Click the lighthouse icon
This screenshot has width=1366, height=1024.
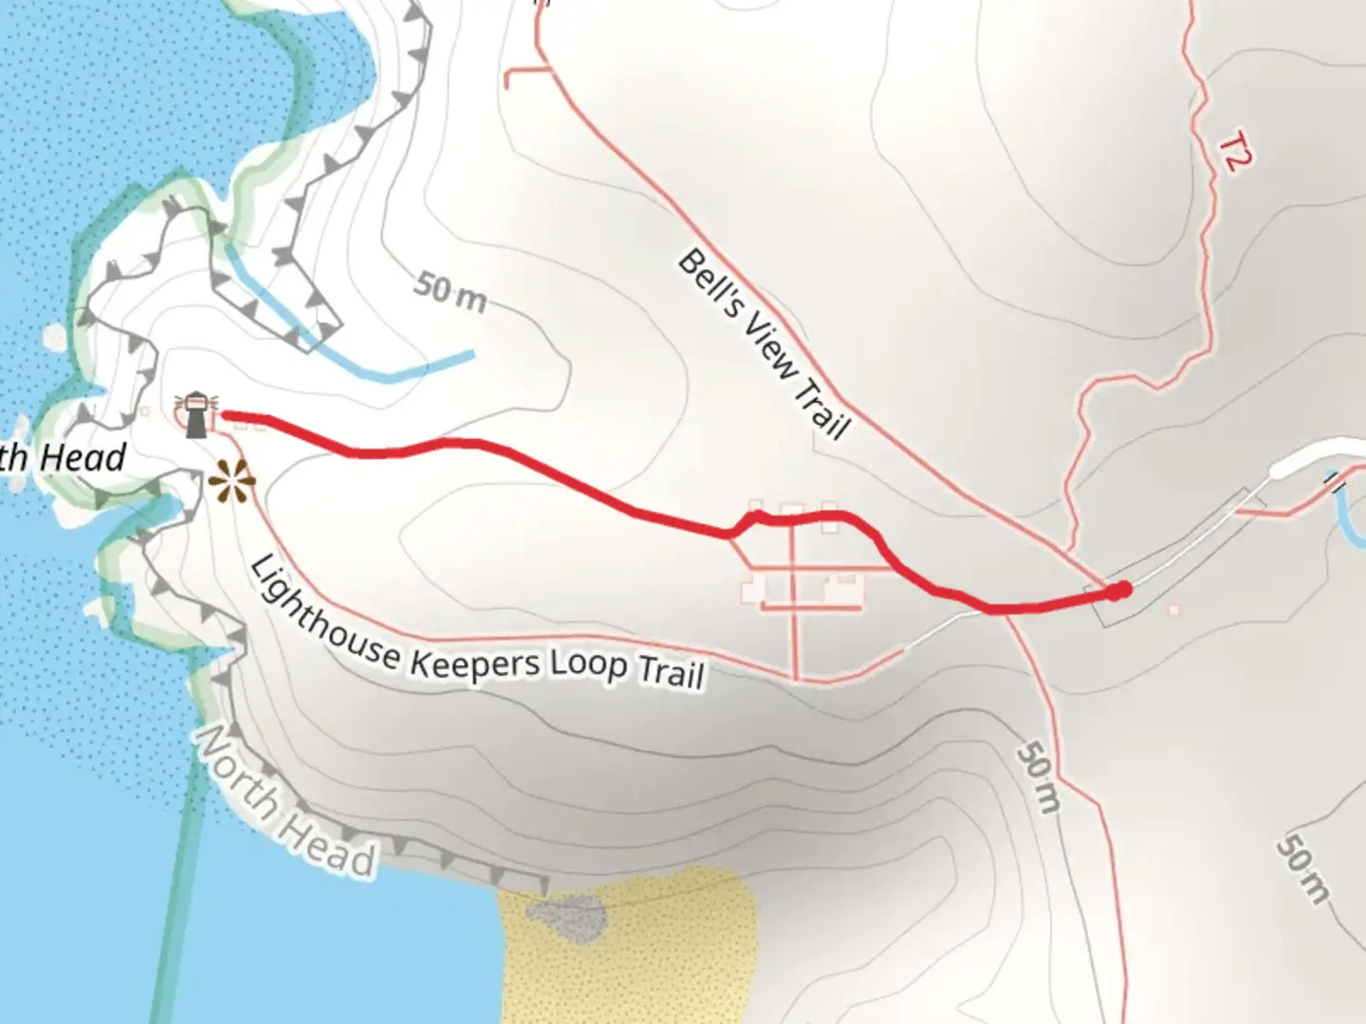coord(196,415)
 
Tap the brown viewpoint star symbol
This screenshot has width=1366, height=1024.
coord(231,482)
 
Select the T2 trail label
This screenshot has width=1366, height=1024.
coord(1233,154)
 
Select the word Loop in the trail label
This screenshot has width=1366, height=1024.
coord(589,664)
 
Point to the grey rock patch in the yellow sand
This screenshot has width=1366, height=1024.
coord(566,916)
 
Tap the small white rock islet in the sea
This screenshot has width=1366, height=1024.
coord(54,337)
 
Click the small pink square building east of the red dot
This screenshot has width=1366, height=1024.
coord(1174,611)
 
